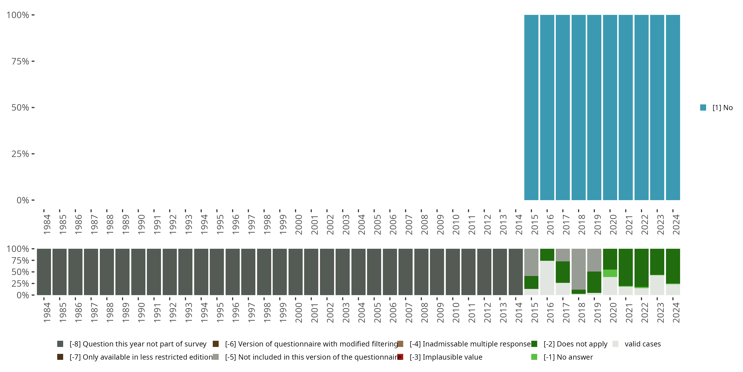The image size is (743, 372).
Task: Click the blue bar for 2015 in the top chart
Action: click(x=531, y=107)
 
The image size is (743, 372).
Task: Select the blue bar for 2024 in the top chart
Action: click(x=673, y=107)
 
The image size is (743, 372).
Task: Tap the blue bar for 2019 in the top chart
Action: click(x=594, y=107)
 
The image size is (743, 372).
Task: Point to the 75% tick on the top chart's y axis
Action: click(x=21, y=61)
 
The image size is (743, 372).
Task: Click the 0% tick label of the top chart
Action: click(x=23, y=200)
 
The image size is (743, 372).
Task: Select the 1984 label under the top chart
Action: click(x=47, y=224)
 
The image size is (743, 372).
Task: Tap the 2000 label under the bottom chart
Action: click(x=298, y=312)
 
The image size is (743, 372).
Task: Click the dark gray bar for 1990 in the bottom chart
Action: click(x=138, y=272)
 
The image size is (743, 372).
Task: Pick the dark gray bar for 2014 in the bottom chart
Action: click(x=515, y=272)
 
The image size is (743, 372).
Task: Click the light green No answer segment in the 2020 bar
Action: click(x=610, y=273)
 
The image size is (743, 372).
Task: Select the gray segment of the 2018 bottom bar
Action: click(x=578, y=269)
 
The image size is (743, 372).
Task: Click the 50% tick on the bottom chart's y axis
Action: click(x=21, y=272)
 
